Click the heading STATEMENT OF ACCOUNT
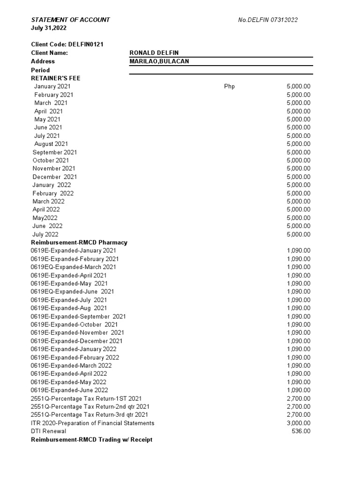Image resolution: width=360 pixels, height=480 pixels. click(x=70, y=20)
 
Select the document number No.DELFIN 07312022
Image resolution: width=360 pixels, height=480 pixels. click(x=268, y=20)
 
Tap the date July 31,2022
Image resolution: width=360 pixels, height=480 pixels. click(x=49, y=28)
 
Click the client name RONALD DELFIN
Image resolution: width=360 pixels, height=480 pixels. click(x=154, y=53)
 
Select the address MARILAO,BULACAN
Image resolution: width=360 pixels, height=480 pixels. click(x=159, y=61)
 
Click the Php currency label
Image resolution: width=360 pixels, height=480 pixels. click(x=230, y=86)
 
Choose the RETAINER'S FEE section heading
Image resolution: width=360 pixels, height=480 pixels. click(x=59, y=78)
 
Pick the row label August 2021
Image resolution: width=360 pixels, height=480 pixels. click(x=51, y=144)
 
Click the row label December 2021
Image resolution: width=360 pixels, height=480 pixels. click(x=55, y=177)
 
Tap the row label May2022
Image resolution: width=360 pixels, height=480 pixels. click(x=45, y=218)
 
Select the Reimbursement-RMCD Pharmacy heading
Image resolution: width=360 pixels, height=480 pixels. click(x=79, y=242)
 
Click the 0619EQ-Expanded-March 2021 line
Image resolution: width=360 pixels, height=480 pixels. click(x=74, y=267)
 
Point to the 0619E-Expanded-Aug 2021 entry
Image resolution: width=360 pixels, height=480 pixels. click(x=69, y=308)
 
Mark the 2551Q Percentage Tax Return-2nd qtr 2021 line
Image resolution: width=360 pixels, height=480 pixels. click(x=90, y=406)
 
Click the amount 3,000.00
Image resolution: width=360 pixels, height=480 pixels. click(x=298, y=423)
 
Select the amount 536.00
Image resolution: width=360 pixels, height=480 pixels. click(x=301, y=431)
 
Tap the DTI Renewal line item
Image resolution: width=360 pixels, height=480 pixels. click(x=48, y=431)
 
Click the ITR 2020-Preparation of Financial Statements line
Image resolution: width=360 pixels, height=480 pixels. click(x=92, y=423)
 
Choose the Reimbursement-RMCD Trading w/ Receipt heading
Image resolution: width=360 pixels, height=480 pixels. click(x=91, y=440)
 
